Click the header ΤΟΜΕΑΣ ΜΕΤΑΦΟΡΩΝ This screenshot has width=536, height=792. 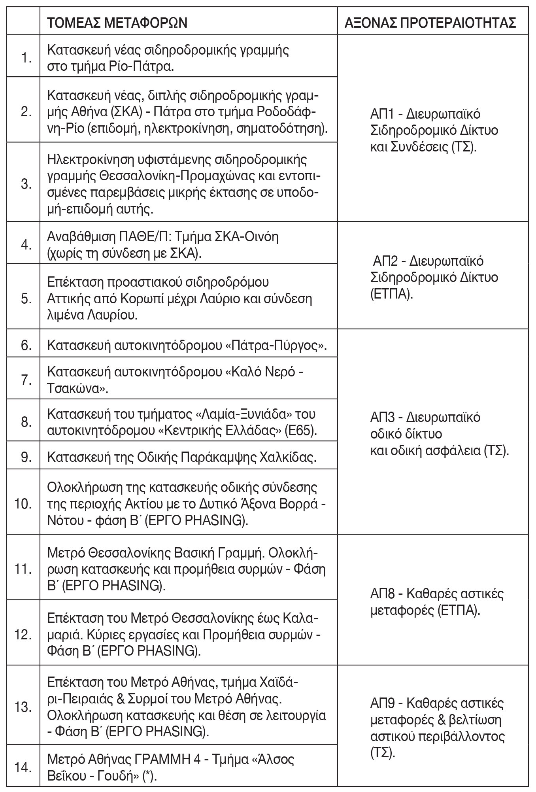click(x=117, y=23)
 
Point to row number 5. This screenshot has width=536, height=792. click(x=26, y=299)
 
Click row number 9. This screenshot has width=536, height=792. click(x=26, y=457)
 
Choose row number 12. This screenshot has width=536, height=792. click(x=25, y=635)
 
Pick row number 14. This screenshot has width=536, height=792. click(x=25, y=757)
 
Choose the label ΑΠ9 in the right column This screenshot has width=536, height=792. click(x=383, y=704)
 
